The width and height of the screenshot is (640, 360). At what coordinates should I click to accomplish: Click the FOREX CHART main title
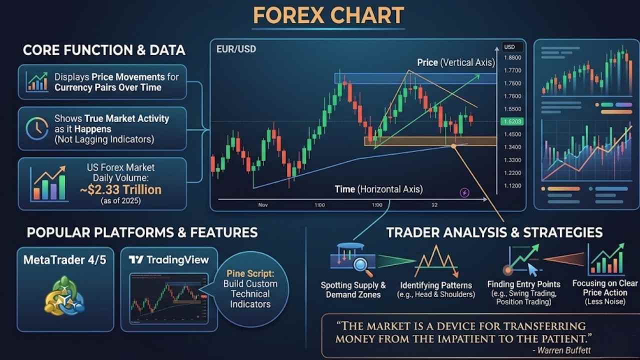coord(328,15)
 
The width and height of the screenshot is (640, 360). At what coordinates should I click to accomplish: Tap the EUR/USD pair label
coord(236,49)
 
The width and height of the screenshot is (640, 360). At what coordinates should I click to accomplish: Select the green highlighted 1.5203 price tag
coord(512,121)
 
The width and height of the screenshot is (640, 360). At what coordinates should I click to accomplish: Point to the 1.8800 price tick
coord(512,57)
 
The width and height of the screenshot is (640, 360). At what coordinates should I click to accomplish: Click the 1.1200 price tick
coord(512,185)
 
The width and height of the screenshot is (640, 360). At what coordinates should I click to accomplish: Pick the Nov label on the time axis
coord(263,205)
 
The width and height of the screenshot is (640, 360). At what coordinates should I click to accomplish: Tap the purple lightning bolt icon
coord(464,192)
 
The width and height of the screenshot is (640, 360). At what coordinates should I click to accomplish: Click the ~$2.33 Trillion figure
coord(121,189)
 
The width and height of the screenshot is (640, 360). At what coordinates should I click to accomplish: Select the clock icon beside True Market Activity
coord(37,128)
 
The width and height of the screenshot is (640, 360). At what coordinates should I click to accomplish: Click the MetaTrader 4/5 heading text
coord(65,260)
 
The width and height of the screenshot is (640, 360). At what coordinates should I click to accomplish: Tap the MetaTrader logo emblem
coord(64,295)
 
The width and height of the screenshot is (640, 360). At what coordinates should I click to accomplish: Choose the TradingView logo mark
coord(136,259)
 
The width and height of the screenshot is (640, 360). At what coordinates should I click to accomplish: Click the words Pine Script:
coord(250,273)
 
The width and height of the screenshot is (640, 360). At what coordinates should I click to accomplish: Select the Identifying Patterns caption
coord(436,285)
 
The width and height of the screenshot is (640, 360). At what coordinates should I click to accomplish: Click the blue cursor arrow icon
coord(532,269)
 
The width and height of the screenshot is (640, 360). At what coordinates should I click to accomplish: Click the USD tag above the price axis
coord(509,47)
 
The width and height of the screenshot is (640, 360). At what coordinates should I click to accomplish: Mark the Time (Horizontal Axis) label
coord(379,189)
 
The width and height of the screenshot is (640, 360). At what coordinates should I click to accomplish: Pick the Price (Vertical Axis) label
coord(456,62)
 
